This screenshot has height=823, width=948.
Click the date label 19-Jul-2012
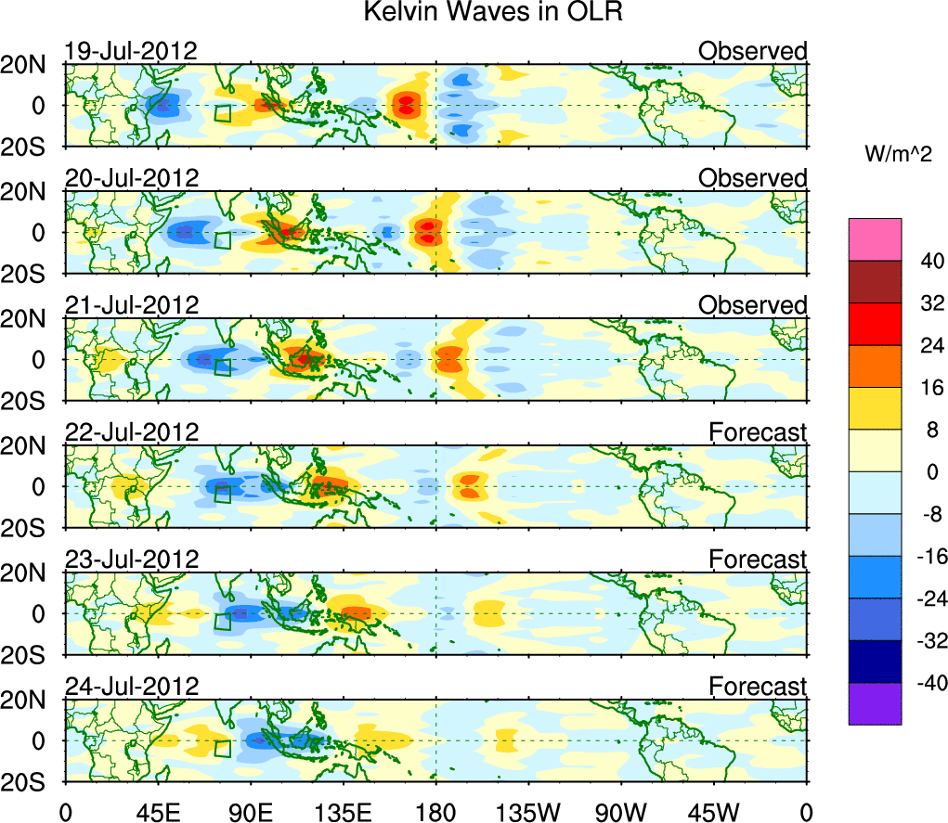[x=131, y=51]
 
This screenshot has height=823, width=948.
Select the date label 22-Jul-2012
[x=131, y=432]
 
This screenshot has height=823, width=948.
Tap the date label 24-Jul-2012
[x=131, y=687]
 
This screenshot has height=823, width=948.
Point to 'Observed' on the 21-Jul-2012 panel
[x=753, y=305]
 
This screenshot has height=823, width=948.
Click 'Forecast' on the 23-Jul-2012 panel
[x=758, y=559]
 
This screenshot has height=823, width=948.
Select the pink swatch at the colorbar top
[x=874, y=239]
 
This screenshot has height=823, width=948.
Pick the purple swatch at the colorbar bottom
[x=874, y=704]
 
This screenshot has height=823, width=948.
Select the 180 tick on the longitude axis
[x=435, y=812]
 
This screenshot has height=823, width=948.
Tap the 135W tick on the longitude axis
[x=528, y=812]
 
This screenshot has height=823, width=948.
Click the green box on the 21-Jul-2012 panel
[x=222, y=366]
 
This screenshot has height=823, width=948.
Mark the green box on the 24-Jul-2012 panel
[x=222, y=748]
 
